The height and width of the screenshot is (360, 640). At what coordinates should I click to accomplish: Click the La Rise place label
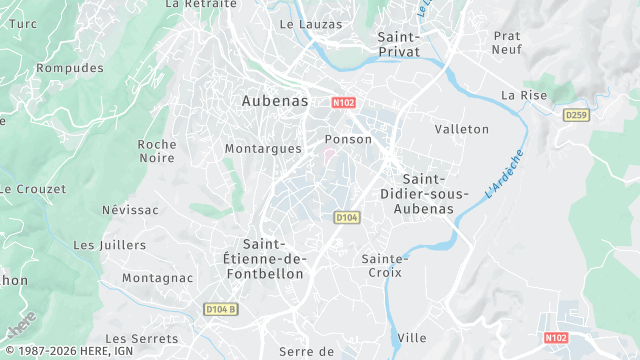pos(524,95)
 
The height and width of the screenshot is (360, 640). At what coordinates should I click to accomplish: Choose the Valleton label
pos(462,129)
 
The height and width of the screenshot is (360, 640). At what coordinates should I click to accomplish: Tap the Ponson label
pos(349,139)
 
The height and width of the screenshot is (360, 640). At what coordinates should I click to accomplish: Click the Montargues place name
pos(263,148)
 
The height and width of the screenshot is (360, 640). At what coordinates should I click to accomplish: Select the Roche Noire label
pos(157,151)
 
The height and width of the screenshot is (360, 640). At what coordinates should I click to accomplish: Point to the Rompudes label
pos(70,68)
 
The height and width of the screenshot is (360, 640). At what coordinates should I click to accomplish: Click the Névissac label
pos(130,210)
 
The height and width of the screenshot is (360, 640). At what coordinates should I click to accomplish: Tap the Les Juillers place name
pos(110,244)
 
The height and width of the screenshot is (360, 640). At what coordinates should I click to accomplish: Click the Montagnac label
pos(157,277)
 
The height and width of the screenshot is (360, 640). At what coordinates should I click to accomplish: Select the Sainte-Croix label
pos(384,265)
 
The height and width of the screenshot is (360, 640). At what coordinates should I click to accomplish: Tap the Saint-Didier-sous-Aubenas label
pos(419,194)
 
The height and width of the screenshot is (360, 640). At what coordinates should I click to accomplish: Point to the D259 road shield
pos(575,115)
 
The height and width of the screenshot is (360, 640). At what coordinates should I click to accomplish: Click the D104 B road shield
pos(221,308)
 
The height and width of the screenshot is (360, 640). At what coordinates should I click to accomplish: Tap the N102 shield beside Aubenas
pos(344,102)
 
